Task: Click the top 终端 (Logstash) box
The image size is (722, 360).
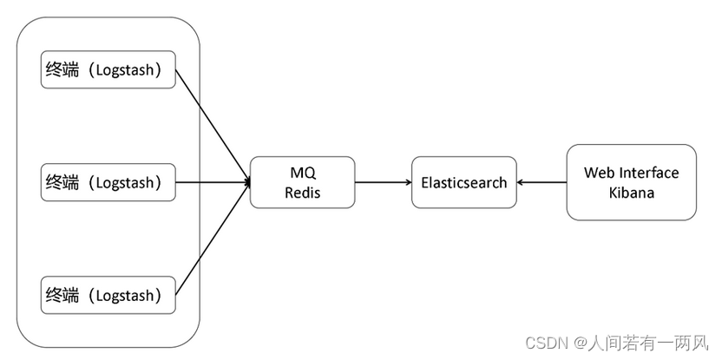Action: pos(108,69)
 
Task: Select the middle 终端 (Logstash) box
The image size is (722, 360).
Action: pos(108,182)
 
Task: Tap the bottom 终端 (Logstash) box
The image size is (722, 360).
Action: pos(108,295)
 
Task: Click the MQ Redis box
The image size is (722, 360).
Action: pos(302,182)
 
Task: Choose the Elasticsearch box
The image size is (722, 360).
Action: pos(463,182)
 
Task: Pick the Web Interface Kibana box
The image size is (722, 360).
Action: pos(631,182)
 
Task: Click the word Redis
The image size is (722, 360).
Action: pos(302,193)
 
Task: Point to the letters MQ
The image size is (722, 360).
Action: pos(302,173)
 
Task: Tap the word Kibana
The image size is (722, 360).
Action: pos(631,193)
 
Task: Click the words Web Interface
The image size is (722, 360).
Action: pos(631,173)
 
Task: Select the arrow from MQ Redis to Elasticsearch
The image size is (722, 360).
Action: pos(382,182)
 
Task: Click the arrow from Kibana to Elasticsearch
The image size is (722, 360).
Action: pos(541,182)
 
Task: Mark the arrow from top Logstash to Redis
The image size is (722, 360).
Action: pos(213,125)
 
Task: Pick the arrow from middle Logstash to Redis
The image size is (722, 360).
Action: pos(213,182)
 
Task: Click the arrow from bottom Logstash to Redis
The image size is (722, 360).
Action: pos(213,239)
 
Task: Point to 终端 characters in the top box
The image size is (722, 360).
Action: pos(62,69)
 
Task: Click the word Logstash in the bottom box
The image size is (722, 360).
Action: pos(127,295)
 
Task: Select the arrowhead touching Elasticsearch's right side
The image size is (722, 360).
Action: pos(521,182)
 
